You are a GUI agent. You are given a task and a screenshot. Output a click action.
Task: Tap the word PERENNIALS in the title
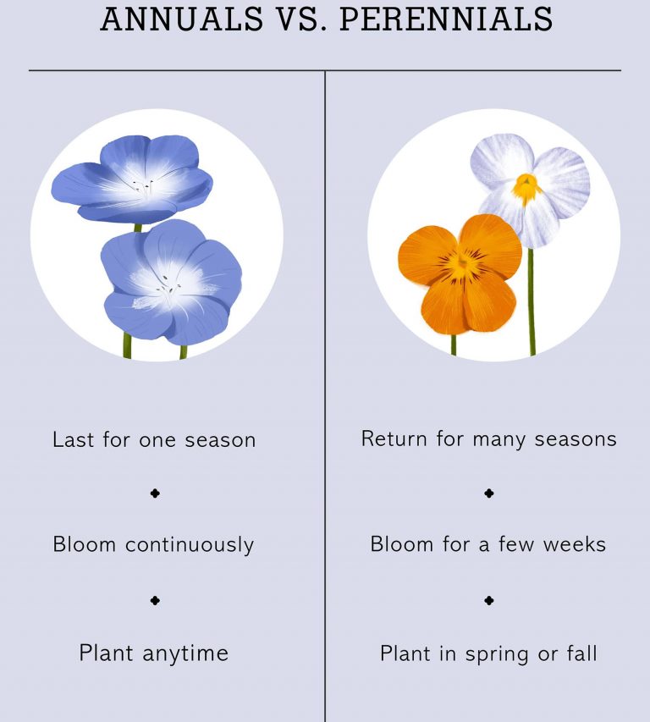click(446, 19)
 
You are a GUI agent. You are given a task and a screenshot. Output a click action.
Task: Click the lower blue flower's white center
click(173, 290)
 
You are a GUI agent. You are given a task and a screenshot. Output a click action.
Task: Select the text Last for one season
click(154, 440)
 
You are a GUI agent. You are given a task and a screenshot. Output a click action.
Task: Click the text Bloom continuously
click(153, 544)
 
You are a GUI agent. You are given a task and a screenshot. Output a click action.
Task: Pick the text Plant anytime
click(153, 653)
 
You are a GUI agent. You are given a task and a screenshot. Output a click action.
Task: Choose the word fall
click(581, 653)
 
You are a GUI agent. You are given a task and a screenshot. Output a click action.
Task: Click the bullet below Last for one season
click(155, 493)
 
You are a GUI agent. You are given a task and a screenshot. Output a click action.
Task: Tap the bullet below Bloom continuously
click(155, 600)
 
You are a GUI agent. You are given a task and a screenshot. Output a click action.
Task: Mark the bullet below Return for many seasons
click(488, 493)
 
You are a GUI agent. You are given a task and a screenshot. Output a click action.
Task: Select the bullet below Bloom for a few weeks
click(488, 600)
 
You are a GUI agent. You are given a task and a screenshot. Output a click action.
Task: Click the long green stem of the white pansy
click(532, 305)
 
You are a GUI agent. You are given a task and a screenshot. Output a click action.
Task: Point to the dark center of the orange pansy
click(462, 265)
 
